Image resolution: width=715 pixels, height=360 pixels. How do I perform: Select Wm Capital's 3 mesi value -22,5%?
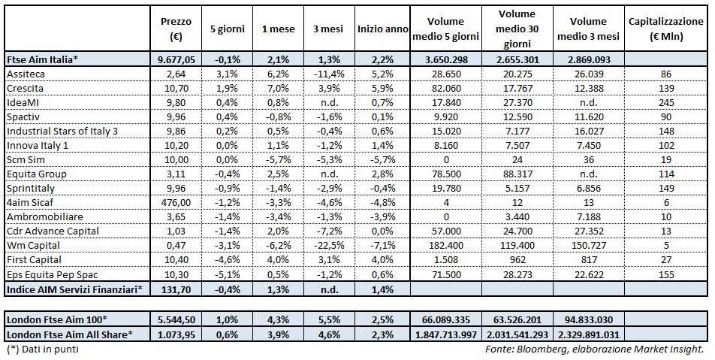(327, 246)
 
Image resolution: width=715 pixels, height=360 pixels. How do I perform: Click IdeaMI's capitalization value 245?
(665, 103)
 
